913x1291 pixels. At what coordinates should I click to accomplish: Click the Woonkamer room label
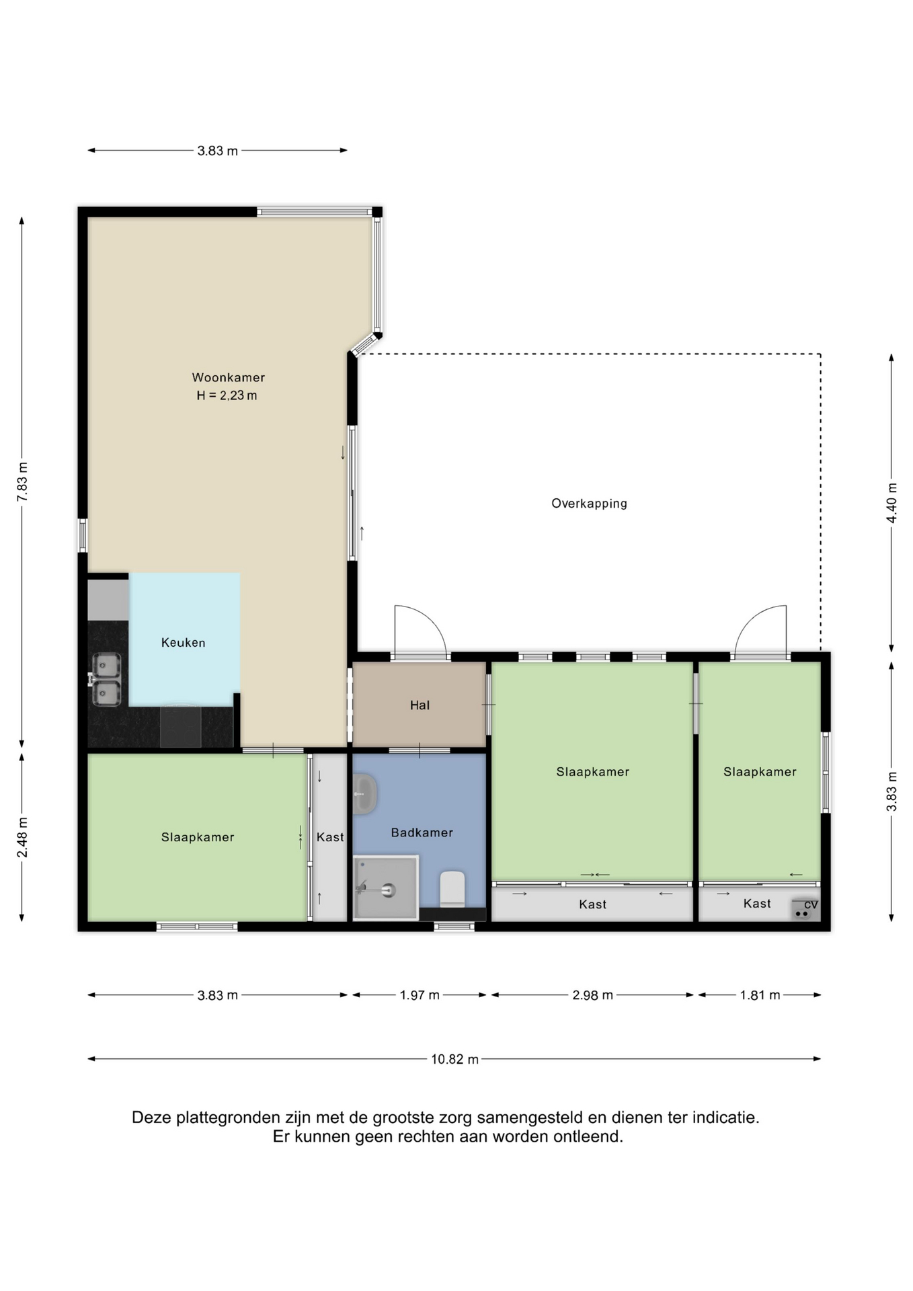coord(229,377)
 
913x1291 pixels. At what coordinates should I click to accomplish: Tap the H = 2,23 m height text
coord(227,395)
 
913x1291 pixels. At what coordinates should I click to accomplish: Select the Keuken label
coord(183,642)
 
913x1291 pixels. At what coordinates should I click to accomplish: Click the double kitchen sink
coord(106,679)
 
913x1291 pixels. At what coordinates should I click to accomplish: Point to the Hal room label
coord(420,705)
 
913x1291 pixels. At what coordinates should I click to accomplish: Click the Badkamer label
coord(422,832)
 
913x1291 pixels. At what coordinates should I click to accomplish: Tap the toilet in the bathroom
coord(452,889)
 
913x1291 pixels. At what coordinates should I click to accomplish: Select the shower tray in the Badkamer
coord(386,887)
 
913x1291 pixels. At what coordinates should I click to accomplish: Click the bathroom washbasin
coord(364,793)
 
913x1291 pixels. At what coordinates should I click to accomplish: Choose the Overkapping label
coord(589,503)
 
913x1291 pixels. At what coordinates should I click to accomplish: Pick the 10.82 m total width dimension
coord(454,1059)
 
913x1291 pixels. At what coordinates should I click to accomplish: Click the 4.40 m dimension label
coord(891,503)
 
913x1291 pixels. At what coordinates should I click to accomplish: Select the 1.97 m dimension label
coord(420,995)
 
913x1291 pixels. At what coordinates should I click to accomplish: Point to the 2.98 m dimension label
coord(592,995)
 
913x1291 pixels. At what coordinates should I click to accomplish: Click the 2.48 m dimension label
coord(22,838)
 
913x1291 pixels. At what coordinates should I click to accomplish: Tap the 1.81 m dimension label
coord(760,995)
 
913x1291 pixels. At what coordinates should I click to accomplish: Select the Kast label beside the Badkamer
coord(330,837)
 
